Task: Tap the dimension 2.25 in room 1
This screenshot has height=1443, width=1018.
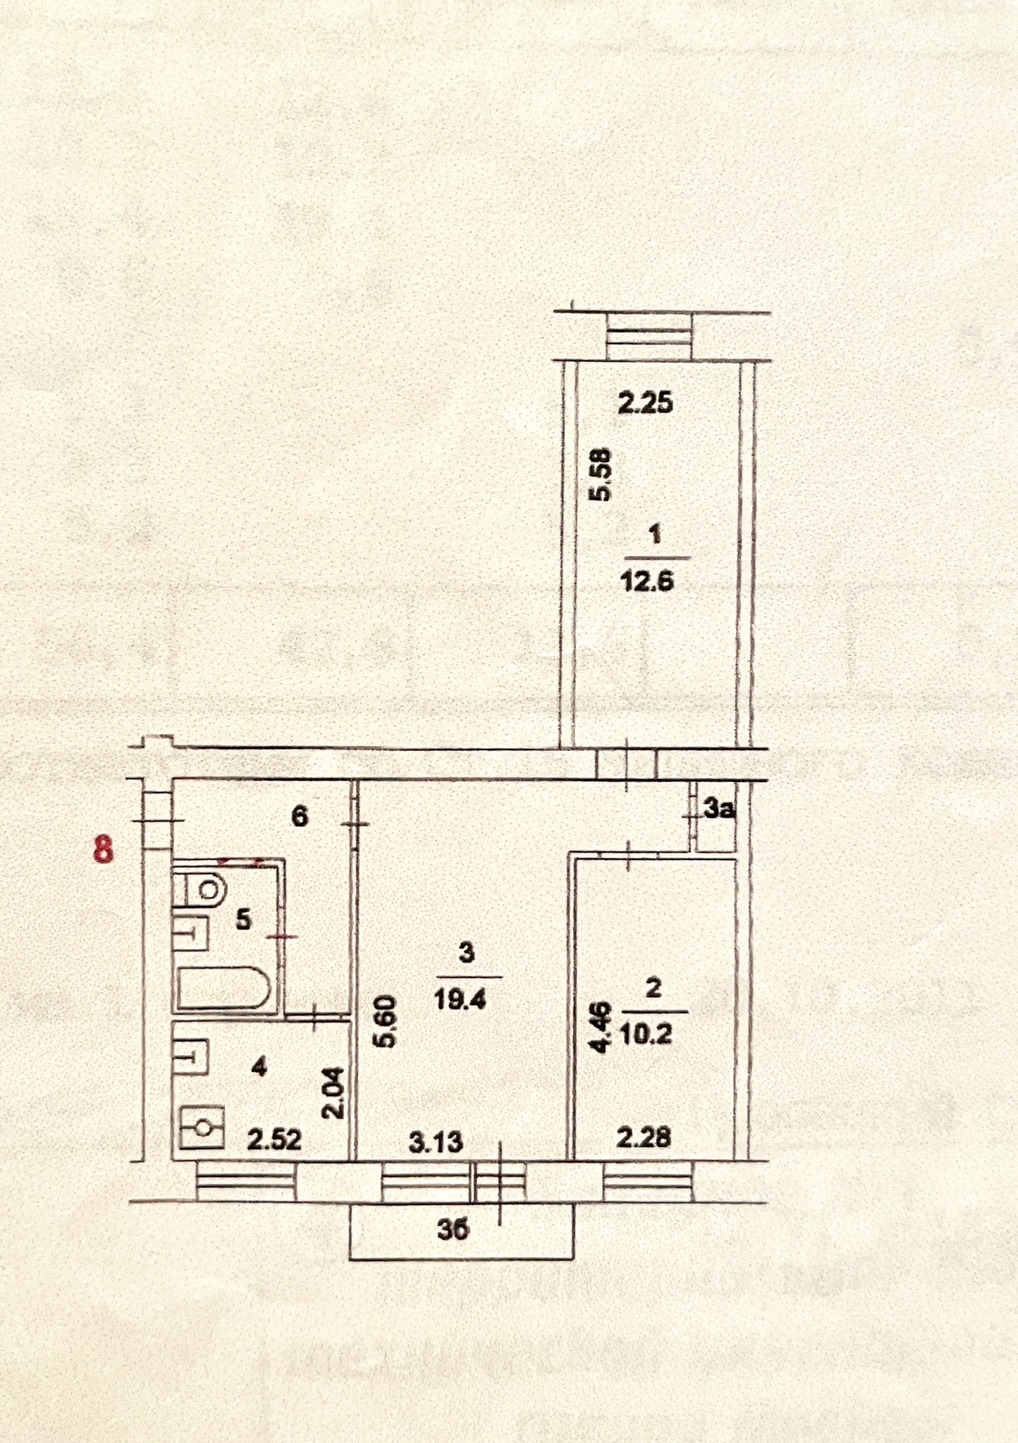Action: pos(645,403)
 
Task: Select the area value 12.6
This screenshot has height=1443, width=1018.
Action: pos(647,582)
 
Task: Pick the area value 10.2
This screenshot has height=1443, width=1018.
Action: pos(646,1035)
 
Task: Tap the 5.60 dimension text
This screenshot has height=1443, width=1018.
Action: pos(388,1021)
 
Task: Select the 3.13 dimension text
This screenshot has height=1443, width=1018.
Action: pos(436,1142)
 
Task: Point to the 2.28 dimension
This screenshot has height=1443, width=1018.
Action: pos(643,1137)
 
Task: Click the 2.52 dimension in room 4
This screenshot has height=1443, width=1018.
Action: pos(274,1140)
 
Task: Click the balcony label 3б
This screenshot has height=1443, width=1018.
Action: pos(453,1229)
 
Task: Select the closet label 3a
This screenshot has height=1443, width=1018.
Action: pos(720,810)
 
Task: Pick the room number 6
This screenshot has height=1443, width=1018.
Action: pos(300,816)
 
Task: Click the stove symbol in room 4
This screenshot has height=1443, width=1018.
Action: pos(201,1127)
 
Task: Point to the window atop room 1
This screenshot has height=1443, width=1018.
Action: pos(649,336)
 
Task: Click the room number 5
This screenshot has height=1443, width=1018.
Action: pos(244,920)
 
